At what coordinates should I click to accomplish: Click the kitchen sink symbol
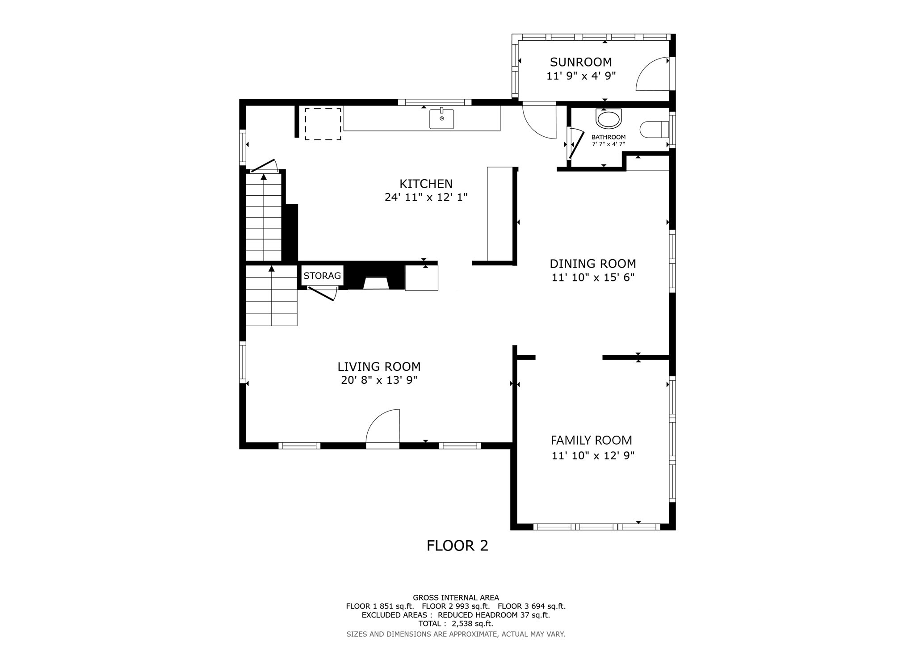[x=441, y=119]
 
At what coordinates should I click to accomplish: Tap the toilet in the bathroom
[x=655, y=130]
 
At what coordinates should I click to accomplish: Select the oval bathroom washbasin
[x=609, y=119]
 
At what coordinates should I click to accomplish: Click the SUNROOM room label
[x=581, y=62]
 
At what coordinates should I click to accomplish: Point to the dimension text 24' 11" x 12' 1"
[x=426, y=197]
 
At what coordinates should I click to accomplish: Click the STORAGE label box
[x=323, y=276]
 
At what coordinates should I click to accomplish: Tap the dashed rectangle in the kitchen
[x=323, y=124]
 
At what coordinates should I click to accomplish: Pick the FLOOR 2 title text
[x=457, y=546]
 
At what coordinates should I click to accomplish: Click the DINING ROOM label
[x=592, y=264]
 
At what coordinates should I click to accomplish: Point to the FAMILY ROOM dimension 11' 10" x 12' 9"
[x=593, y=456]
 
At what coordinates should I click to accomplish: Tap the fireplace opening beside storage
[x=376, y=283]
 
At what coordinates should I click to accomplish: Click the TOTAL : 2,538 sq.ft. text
[x=455, y=624]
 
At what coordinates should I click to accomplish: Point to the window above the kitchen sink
[x=435, y=102]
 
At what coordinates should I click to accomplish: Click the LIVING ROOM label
[x=379, y=367]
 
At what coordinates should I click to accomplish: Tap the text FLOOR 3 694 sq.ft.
[x=531, y=606]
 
